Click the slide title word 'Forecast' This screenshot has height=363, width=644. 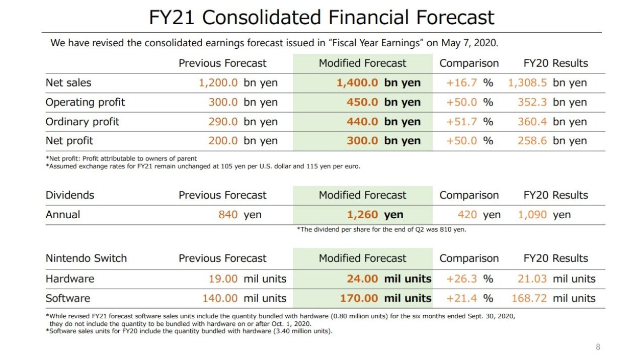click(x=455, y=17)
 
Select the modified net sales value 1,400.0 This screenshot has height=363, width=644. click(x=357, y=83)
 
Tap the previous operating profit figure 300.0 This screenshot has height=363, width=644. click(x=223, y=102)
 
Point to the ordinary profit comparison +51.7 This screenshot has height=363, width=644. click(x=461, y=122)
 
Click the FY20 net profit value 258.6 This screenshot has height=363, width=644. click(x=532, y=141)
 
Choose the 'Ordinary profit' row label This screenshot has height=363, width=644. click(x=82, y=122)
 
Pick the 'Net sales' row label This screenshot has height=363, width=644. click(x=68, y=83)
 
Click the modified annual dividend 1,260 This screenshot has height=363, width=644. click(x=362, y=215)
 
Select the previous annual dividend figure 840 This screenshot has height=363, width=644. click(x=228, y=215)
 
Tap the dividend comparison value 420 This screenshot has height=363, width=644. click(x=467, y=215)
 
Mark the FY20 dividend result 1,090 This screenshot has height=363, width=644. click(x=532, y=215)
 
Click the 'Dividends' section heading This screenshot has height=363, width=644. click(x=70, y=195)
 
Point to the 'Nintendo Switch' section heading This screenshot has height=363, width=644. click(x=86, y=258)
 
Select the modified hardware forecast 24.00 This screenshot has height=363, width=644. click(x=362, y=279)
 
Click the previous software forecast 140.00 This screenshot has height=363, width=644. click(x=220, y=298)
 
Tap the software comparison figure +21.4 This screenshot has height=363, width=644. click(x=461, y=298)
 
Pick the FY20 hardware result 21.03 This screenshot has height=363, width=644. click(x=532, y=279)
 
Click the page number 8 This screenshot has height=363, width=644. click(x=598, y=347)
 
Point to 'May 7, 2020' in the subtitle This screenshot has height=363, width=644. click(x=469, y=43)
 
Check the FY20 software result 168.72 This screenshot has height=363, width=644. click(x=529, y=298)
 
